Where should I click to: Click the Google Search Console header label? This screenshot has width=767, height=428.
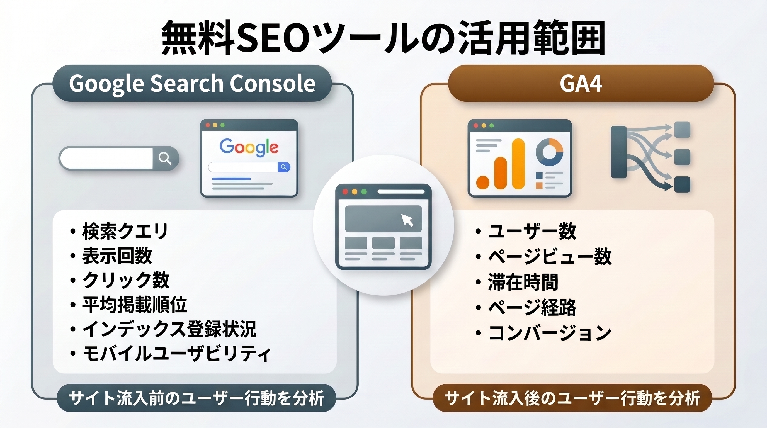click(x=192, y=84)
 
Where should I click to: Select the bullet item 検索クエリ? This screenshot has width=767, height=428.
click(x=125, y=231)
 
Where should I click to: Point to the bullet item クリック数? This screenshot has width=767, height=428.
click(x=126, y=280)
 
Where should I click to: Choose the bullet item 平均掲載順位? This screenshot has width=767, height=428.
click(x=135, y=304)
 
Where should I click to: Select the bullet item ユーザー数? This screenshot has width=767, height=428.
click(x=532, y=231)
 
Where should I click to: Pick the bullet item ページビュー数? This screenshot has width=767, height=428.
click(x=550, y=256)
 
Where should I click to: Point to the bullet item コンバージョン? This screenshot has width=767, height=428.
click(x=550, y=333)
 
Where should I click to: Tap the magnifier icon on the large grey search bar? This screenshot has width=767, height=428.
click(x=165, y=158)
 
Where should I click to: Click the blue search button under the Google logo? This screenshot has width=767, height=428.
click(x=284, y=167)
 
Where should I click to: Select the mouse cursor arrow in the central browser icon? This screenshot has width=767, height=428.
click(x=407, y=220)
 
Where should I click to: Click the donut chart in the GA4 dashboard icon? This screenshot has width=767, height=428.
click(x=549, y=152)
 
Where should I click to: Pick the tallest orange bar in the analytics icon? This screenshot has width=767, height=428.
click(x=518, y=164)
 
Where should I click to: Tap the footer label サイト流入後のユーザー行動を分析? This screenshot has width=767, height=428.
click(x=572, y=398)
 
